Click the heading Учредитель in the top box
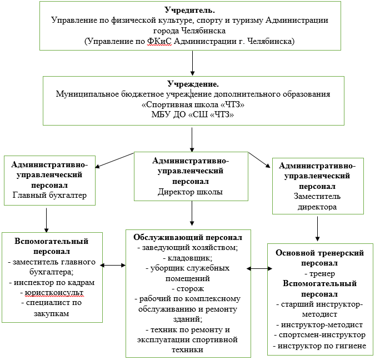tap(189, 10)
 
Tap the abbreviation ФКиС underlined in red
tap(159, 41)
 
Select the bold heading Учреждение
tap(193, 84)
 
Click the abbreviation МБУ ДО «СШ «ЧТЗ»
tap(193, 114)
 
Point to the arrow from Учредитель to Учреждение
tap(193, 63)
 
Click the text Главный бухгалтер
tap(49, 195)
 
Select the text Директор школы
tap(190, 192)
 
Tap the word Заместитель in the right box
tap(317, 196)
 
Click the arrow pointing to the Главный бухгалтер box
tap(114, 160)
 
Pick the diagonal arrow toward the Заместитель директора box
tap(259, 160)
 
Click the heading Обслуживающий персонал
tap(188, 237)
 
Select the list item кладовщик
tap(188, 258)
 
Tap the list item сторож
tap(188, 289)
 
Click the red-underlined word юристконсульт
tap(54, 293)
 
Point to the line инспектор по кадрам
tap(52, 282)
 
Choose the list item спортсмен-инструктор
tap(320, 335)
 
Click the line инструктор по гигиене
tap(319, 346)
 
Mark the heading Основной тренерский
tap(320, 253)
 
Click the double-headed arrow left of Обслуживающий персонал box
tap(113, 265)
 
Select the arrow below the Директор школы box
tap(192, 213)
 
